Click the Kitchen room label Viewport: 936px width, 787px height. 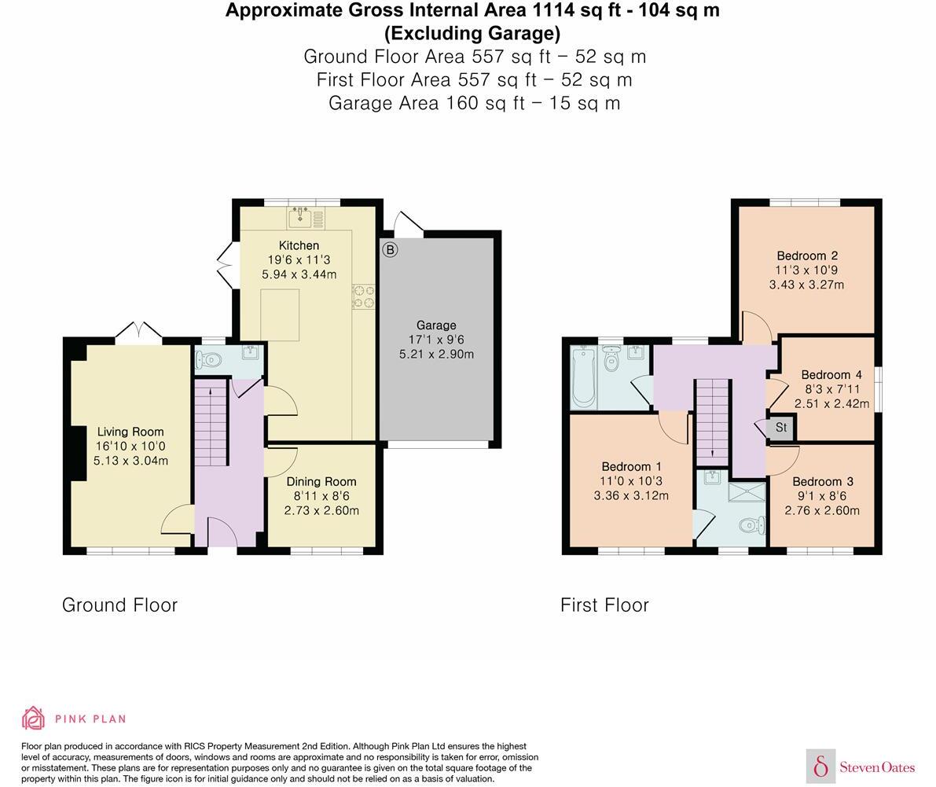(x=299, y=245)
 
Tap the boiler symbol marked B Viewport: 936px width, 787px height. (x=390, y=250)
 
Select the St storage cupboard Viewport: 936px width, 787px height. (x=780, y=428)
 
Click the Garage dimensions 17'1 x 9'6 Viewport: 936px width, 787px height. (x=436, y=340)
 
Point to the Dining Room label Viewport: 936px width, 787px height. (x=321, y=481)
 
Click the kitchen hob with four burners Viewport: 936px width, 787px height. (x=363, y=296)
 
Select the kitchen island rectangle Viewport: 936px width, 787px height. (x=280, y=314)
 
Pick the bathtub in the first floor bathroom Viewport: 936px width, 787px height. (x=584, y=377)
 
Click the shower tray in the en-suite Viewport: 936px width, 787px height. (x=745, y=492)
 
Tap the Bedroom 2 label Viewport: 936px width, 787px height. (x=806, y=256)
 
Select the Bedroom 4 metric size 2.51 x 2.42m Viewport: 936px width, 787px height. (x=831, y=404)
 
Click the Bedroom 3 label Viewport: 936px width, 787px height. (x=822, y=481)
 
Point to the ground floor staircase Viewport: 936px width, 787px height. (x=211, y=425)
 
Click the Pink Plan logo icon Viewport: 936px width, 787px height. (x=34, y=718)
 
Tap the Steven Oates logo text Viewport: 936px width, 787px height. (x=877, y=767)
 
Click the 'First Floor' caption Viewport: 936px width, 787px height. (x=604, y=605)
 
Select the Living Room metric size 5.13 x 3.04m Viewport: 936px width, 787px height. (x=130, y=461)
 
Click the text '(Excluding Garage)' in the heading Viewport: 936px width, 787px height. (x=472, y=33)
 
